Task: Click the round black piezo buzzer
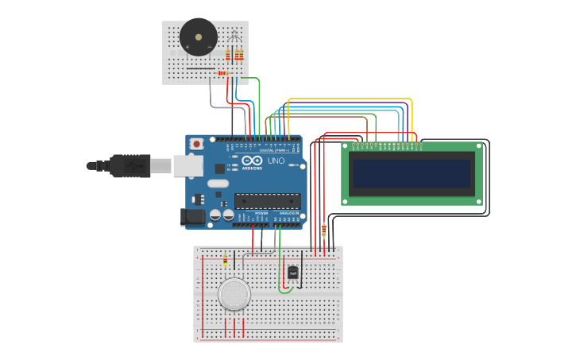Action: point(198,37)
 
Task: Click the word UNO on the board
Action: point(276,161)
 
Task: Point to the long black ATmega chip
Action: point(267,201)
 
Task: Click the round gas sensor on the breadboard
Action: point(234,294)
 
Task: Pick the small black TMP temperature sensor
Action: point(292,273)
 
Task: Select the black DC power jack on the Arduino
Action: point(192,216)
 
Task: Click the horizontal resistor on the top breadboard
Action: point(222,73)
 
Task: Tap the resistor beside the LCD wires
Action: point(323,230)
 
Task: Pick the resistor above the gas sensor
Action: point(225,260)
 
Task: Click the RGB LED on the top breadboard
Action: point(233,38)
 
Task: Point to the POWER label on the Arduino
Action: point(261,214)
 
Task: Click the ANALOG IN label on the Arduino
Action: point(288,214)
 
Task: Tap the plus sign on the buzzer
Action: point(187,47)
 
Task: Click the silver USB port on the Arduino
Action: point(187,165)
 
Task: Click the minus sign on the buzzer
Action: point(209,47)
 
